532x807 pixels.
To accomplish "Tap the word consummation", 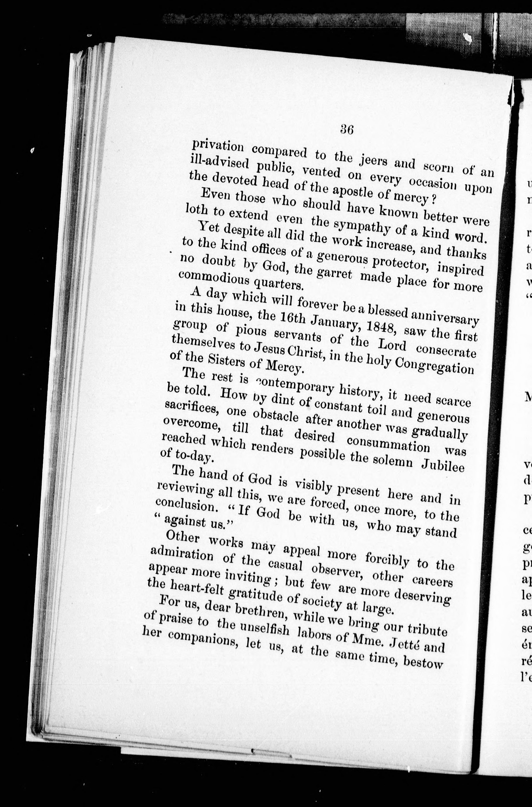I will tap(388, 444).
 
